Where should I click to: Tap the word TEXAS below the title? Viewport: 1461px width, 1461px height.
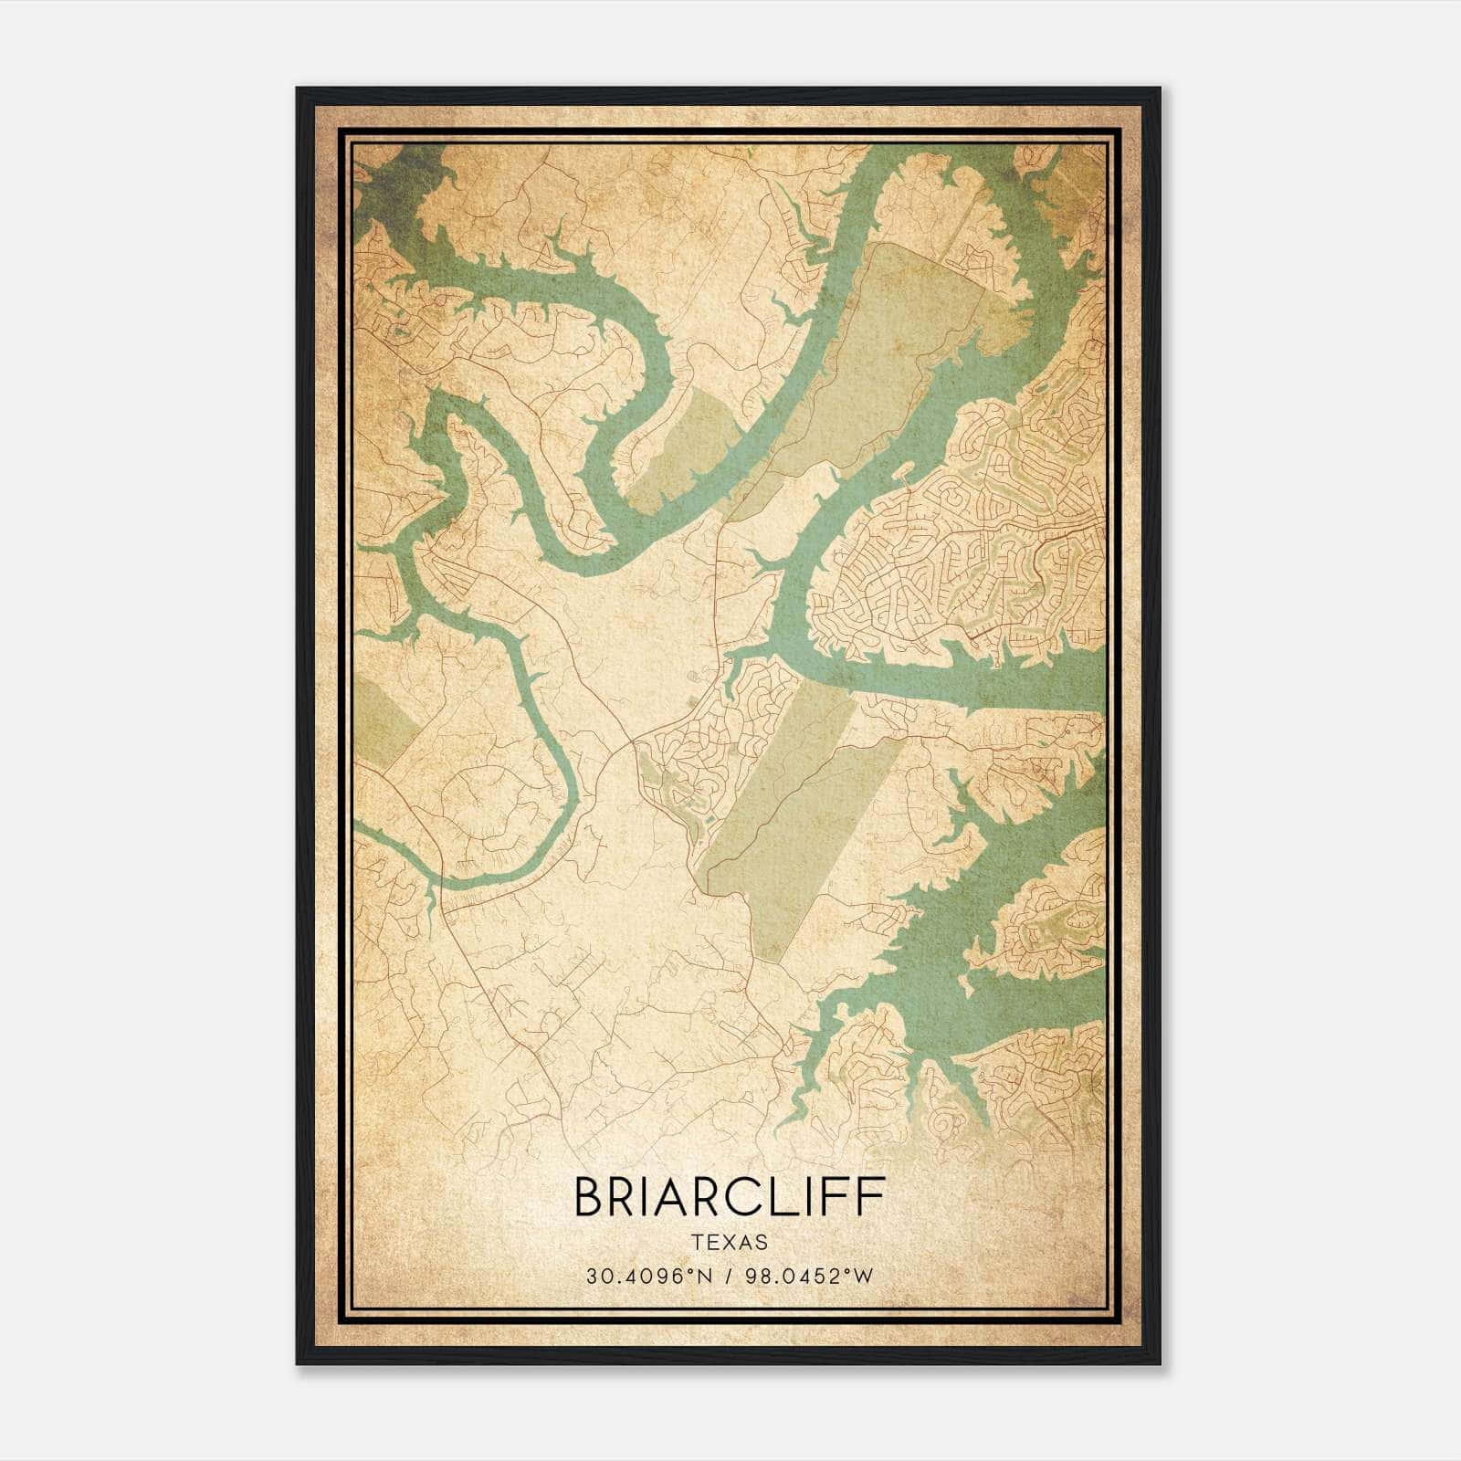point(729,1242)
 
